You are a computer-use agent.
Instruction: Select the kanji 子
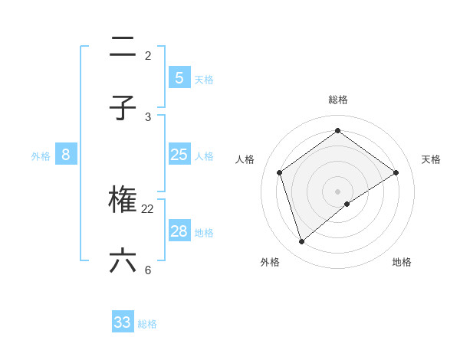point(123,108)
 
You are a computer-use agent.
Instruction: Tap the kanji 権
point(123,200)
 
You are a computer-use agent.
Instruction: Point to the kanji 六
point(123,261)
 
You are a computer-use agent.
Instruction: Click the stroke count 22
point(148,208)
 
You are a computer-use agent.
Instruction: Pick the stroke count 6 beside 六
point(147,270)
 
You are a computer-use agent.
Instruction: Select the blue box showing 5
point(179,77)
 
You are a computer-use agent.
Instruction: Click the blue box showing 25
point(179,155)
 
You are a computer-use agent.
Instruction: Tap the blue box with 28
point(179,231)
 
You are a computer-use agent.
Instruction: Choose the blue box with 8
point(66,155)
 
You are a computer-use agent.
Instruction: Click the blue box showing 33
point(123,322)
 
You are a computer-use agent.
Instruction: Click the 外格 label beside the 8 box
point(41,155)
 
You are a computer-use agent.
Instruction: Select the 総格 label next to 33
point(148,324)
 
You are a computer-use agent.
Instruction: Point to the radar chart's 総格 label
point(338,100)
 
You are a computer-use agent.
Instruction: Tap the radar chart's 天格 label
point(432,159)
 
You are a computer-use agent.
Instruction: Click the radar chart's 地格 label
point(402,262)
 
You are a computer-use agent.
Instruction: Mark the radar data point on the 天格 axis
point(396,172)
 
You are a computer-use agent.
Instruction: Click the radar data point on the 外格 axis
point(302,242)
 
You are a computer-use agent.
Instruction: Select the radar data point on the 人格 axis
point(280,172)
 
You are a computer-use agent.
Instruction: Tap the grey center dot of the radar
point(338,191)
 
